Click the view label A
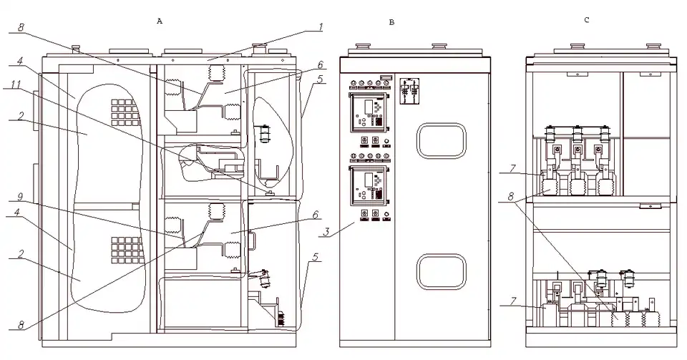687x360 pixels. (x=160, y=21)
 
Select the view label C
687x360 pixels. (x=586, y=20)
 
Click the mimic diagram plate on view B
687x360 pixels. (x=411, y=93)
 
